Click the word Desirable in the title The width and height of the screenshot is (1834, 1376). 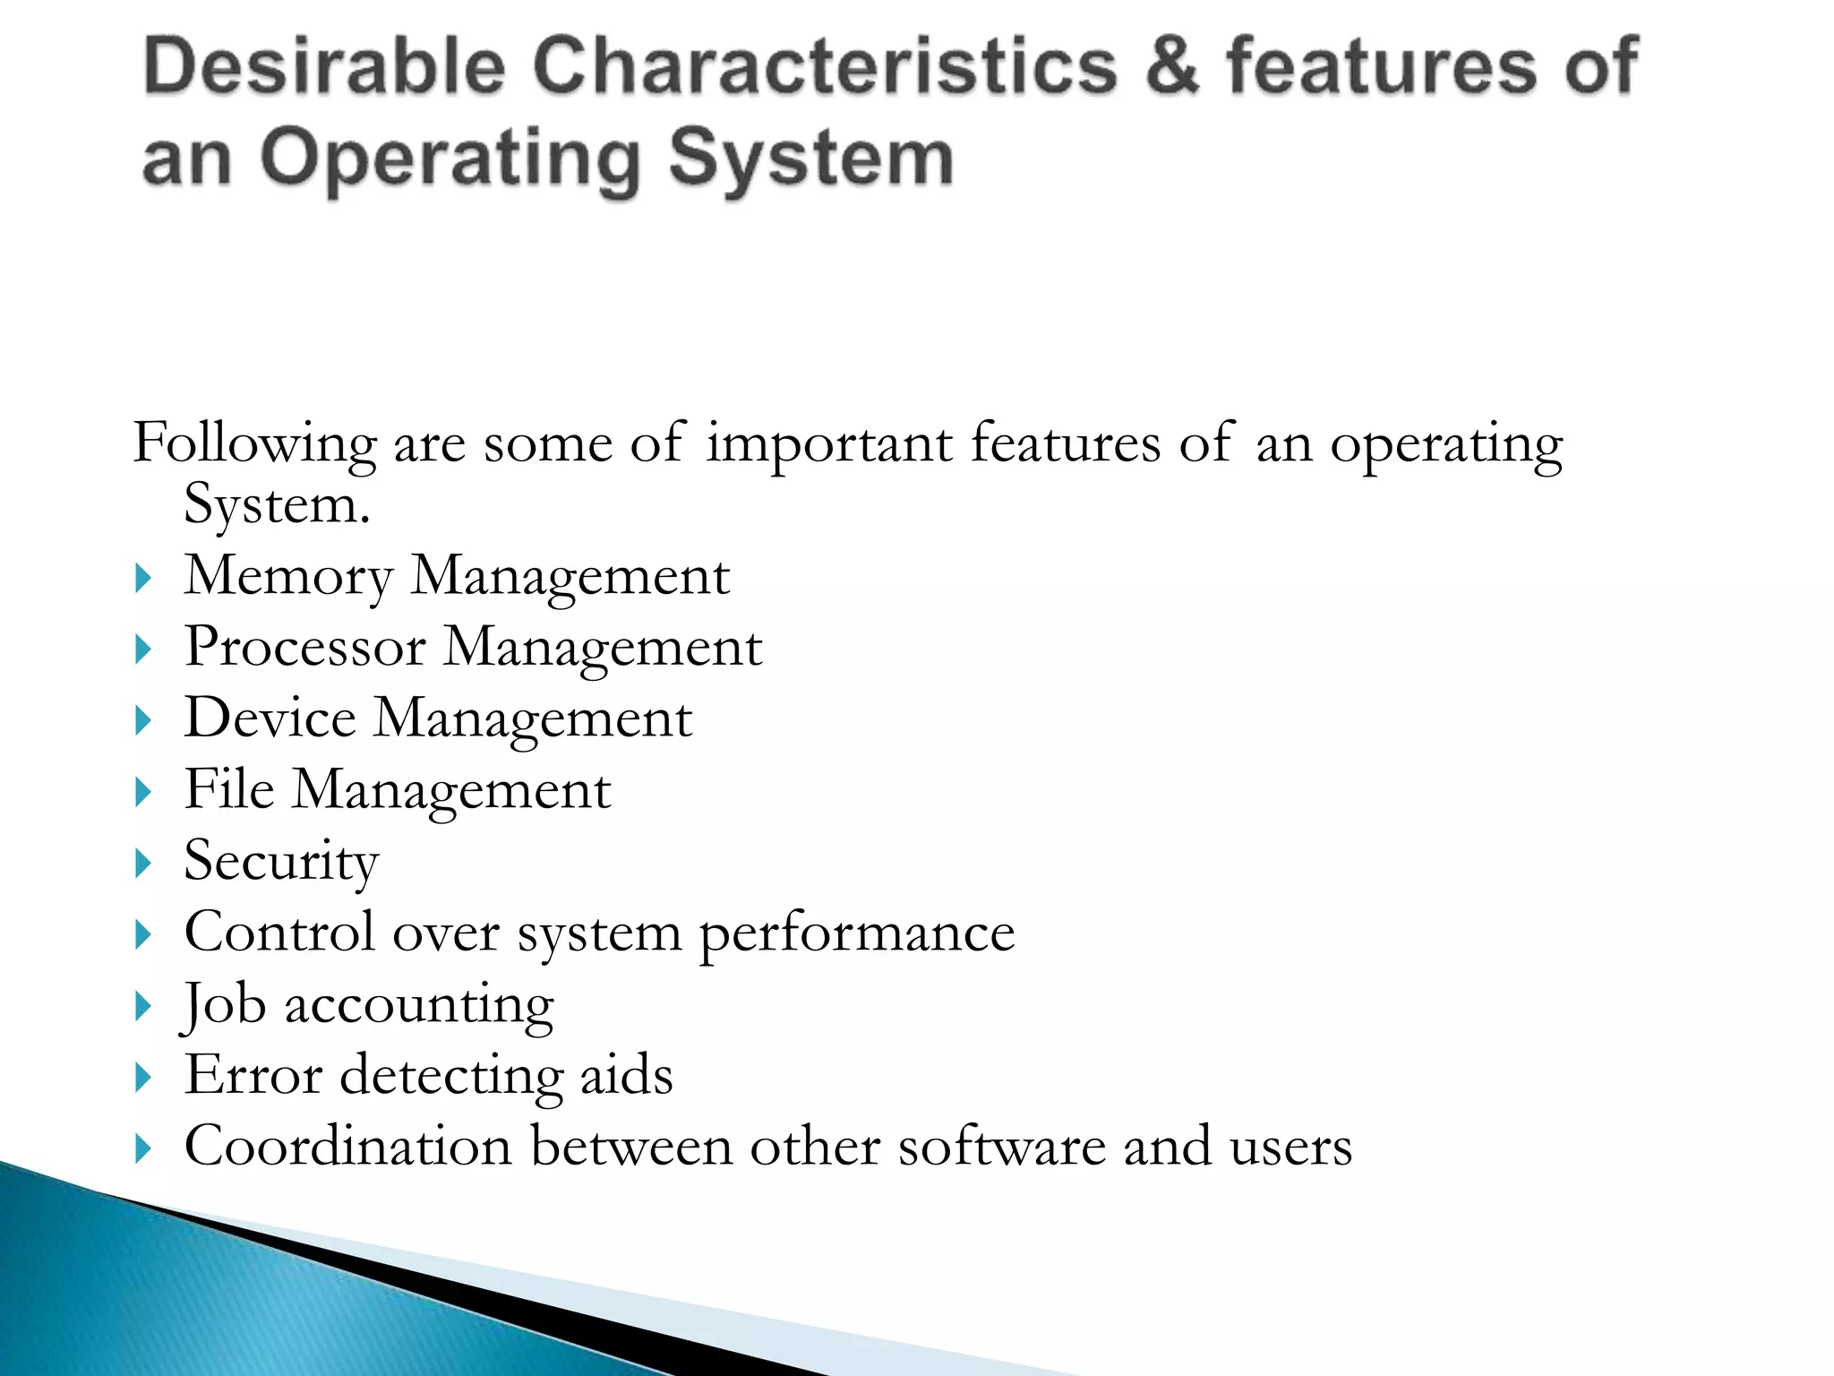pyautogui.click(x=324, y=66)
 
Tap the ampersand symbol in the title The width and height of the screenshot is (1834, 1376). pyautogui.click(x=1171, y=66)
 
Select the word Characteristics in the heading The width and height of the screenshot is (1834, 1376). pyautogui.click(x=825, y=66)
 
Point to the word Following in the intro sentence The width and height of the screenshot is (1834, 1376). pyautogui.click(x=254, y=444)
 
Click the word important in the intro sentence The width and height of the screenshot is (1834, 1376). pyautogui.click(x=828, y=444)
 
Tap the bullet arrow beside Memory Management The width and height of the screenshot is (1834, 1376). pyautogui.click(x=143, y=578)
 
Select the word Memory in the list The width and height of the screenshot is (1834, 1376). pyautogui.click(x=288, y=576)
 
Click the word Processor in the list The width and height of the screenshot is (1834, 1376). pyautogui.click(x=304, y=647)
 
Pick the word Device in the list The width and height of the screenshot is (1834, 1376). pyautogui.click(x=270, y=718)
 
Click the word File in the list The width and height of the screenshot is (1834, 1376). pyautogui.click(x=229, y=790)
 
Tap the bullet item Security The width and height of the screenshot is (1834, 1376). pyautogui.click(x=281, y=862)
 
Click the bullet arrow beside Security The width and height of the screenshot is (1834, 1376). pyautogui.click(x=143, y=864)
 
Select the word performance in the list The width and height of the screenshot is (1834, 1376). pyautogui.click(x=856, y=934)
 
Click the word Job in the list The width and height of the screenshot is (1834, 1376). pyautogui.click(x=224, y=1005)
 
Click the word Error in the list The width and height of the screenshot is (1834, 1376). pyautogui.click(x=253, y=1075)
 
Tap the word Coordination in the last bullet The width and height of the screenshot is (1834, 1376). pyautogui.click(x=347, y=1147)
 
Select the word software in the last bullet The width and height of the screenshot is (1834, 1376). pyautogui.click(x=1001, y=1147)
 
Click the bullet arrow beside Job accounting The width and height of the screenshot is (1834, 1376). pyautogui.click(x=143, y=1006)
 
